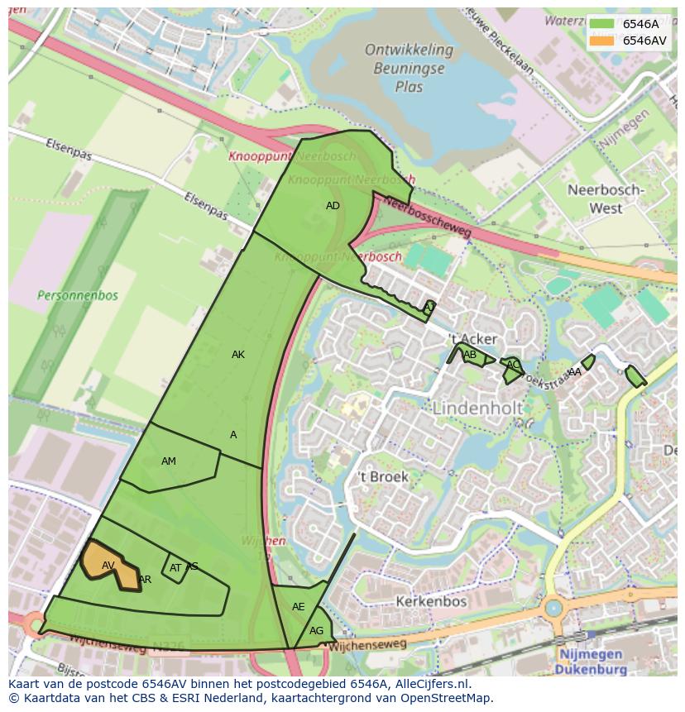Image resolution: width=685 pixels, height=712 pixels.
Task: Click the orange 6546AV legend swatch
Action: pyautogui.click(x=602, y=41)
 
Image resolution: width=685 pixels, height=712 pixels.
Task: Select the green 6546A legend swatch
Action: pyautogui.click(x=602, y=24)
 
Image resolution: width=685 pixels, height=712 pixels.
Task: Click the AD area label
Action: pyautogui.click(x=333, y=206)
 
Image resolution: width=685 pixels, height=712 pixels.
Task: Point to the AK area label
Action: pyautogui.click(x=238, y=355)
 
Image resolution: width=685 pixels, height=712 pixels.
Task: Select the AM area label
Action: pyautogui.click(x=169, y=461)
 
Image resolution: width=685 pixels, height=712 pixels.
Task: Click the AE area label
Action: pyautogui.click(x=299, y=607)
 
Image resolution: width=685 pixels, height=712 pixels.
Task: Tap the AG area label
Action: pyautogui.click(x=317, y=631)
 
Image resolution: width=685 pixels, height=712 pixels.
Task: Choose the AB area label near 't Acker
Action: pyautogui.click(x=470, y=356)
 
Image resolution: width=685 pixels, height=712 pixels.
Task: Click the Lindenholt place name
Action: pyautogui.click(x=477, y=409)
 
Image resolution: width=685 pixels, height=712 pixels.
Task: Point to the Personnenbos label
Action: pyautogui.click(x=78, y=295)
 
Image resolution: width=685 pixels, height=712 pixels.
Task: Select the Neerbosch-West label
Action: pyautogui.click(x=606, y=198)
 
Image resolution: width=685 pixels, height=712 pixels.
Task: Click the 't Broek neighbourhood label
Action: pyautogui.click(x=382, y=477)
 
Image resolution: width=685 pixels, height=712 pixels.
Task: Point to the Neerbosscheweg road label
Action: pyautogui.click(x=429, y=218)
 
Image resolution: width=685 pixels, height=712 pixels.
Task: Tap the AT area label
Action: pyautogui.click(x=175, y=568)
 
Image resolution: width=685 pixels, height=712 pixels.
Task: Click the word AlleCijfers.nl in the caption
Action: pyautogui.click(x=432, y=685)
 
